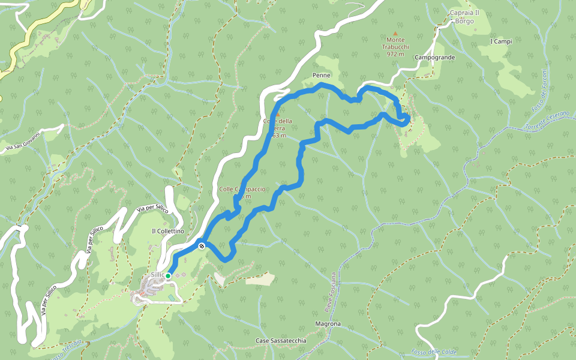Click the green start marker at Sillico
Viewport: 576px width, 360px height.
[169, 275]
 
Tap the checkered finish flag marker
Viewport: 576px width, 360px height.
[202, 245]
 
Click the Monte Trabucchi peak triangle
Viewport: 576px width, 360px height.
[395, 34]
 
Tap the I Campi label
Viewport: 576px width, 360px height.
[501, 41]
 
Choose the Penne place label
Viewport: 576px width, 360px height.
[322, 76]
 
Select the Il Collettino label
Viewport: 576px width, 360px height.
[168, 232]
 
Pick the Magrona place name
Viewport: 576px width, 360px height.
[328, 324]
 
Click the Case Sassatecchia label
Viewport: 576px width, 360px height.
[281, 341]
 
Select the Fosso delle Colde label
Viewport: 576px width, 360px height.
[434, 352]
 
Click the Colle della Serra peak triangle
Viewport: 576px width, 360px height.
[277, 113]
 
